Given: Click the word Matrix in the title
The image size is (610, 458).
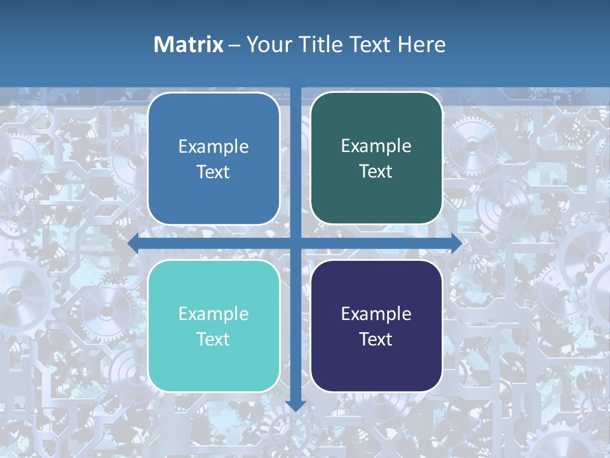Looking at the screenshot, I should coord(188,45).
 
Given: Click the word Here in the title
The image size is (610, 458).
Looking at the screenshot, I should coord(421,45).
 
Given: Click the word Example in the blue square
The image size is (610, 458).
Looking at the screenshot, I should coord(213,147).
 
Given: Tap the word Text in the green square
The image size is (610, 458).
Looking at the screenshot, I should coord(376,172).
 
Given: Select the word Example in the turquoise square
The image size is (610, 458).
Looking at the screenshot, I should coord(213,314).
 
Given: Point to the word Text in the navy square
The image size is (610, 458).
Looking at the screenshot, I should coord(376,339).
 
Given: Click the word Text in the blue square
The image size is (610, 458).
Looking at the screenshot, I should coord(213,172).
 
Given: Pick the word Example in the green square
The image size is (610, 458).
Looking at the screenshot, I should coord(376,146).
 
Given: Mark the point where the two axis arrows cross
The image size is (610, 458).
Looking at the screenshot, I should coord(295,243).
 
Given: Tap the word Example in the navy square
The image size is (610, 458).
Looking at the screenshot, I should coord(376,314).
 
